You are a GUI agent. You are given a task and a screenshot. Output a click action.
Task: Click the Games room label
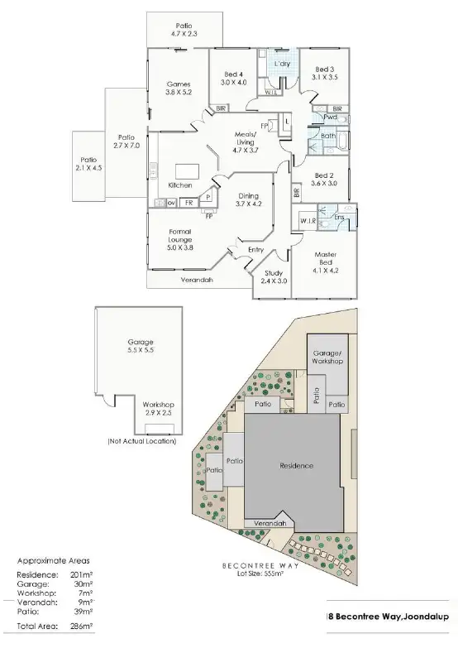179,89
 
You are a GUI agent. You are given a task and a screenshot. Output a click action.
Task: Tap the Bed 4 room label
233,77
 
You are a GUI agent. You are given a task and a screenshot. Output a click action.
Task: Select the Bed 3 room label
325,72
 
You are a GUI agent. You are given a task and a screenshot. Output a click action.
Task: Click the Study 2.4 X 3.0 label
274,277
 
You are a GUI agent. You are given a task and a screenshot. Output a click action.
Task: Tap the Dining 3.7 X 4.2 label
247,199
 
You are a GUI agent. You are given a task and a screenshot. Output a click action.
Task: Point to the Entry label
257,248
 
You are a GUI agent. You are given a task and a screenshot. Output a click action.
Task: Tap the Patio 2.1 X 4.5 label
88,164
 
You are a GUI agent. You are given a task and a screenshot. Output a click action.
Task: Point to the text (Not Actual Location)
141,441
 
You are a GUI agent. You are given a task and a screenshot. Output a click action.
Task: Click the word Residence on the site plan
296,465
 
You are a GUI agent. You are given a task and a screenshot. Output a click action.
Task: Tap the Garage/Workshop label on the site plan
327,357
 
